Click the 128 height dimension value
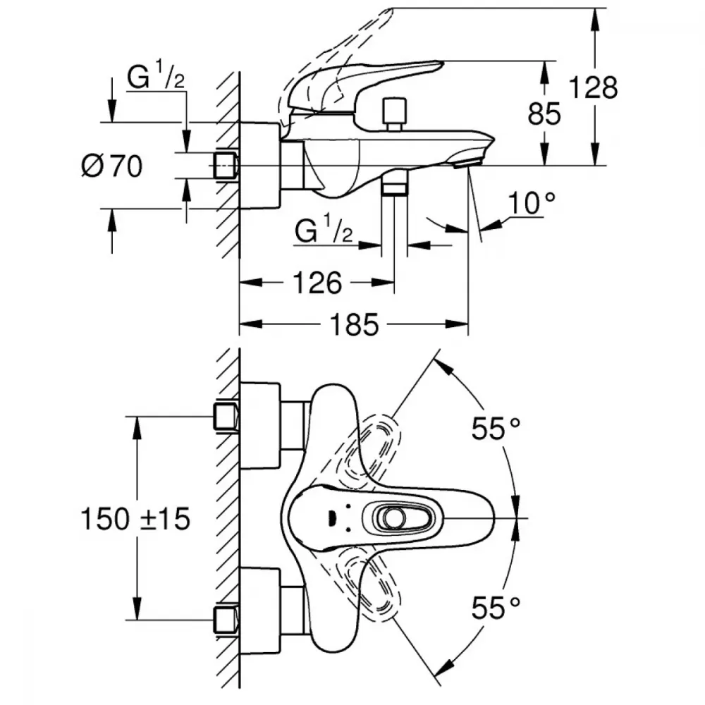point(593,88)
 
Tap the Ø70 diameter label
point(112,166)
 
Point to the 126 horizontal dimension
point(317,283)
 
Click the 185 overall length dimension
point(355,325)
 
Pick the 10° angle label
point(531,204)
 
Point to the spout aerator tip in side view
point(466,163)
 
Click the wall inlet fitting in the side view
point(225,165)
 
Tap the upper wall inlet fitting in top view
point(226,416)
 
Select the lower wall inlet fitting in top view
point(226,618)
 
